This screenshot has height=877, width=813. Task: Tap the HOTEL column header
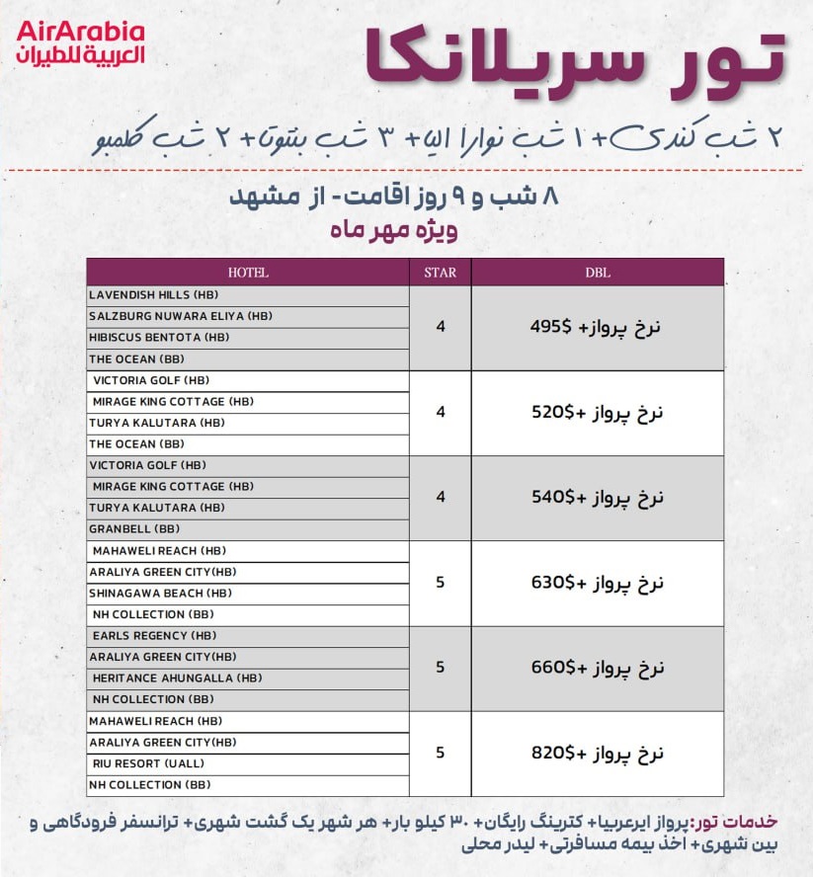pyautogui.click(x=248, y=273)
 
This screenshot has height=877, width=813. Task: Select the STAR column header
pyautogui.click(x=441, y=273)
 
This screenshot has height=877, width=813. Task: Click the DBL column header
pyautogui.click(x=597, y=273)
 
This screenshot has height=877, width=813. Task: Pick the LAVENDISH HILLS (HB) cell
pyautogui.click(x=248, y=295)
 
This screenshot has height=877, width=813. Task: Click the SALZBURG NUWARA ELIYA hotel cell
pyautogui.click(x=248, y=316)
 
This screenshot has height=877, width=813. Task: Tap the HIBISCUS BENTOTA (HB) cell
pyautogui.click(x=248, y=338)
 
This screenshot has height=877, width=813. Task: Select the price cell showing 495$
pyautogui.click(x=597, y=328)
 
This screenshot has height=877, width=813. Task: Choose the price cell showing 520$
pyautogui.click(x=597, y=413)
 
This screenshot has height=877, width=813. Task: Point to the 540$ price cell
pyautogui.click(x=597, y=498)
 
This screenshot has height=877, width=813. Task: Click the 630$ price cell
pyautogui.click(x=597, y=583)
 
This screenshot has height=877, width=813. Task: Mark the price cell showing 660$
pyautogui.click(x=597, y=668)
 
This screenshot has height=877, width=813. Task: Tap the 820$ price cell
pyautogui.click(x=597, y=753)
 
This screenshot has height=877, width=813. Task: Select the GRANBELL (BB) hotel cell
pyautogui.click(x=248, y=529)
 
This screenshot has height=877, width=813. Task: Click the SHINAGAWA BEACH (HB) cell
pyautogui.click(x=248, y=594)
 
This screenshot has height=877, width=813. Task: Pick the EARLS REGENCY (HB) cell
pyautogui.click(x=248, y=636)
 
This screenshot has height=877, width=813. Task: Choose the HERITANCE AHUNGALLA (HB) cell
pyautogui.click(x=248, y=678)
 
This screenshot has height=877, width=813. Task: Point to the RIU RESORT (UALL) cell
pyautogui.click(x=248, y=763)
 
